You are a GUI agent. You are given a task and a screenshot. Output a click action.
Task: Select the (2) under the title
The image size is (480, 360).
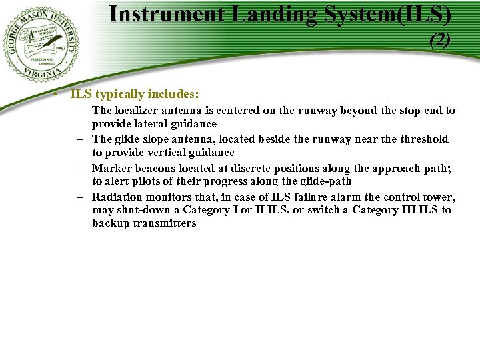[x=440, y=41]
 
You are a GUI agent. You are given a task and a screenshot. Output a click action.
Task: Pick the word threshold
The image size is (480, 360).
[x=424, y=139]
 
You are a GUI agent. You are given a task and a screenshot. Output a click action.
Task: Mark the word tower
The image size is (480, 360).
[x=437, y=197]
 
